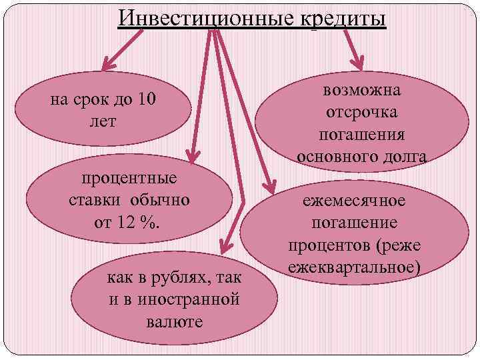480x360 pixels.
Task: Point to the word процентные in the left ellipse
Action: pyautogui.click(x=129, y=179)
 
